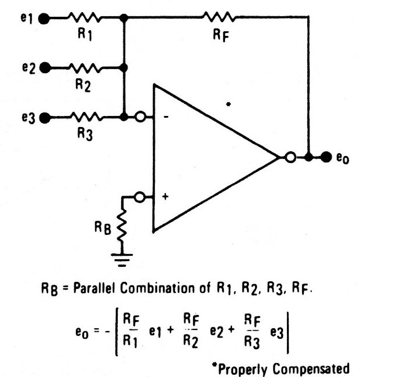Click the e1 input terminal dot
[43, 19]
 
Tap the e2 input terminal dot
[43, 68]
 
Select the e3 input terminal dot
[43, 118]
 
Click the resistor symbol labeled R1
[86, 19]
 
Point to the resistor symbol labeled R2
[86, 68]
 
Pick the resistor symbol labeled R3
[86, 118]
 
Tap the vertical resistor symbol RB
[123, 226]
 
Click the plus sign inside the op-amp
[165, 197]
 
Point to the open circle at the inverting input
[140, 118]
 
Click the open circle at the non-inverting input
[139, 198]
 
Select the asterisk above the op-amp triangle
[229, 104]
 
